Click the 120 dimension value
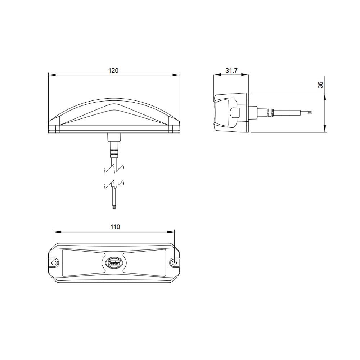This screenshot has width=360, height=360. click(x=113, y=71)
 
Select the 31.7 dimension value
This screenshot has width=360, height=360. click(x=231, y=71)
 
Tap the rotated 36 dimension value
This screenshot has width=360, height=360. click(x=320, y=85)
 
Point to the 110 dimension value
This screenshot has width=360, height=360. click(x=114, y=227)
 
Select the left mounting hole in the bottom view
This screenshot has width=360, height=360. click(x=54, y=262)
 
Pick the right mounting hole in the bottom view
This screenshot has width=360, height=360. click(x=175, y=262)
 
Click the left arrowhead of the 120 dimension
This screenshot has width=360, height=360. click(x=51, y=75)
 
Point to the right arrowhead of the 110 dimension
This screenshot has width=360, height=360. click(x=171, y=231)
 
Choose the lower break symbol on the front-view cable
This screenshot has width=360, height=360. click(x=114, y=185)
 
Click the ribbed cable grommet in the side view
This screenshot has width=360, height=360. click(x=268, y=112)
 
